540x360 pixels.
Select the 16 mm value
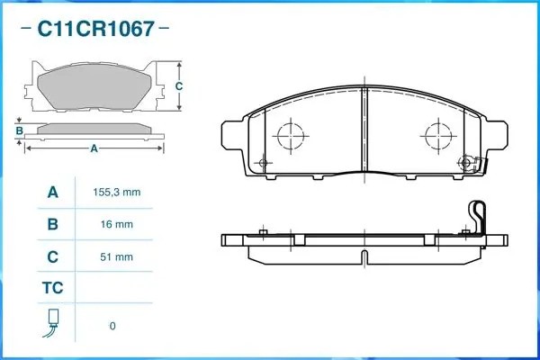(112, 224)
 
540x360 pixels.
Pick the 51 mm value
(112, 256)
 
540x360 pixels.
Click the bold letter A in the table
(52, 193)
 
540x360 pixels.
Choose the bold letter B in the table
(52, 224)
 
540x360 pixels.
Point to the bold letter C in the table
(52, 256)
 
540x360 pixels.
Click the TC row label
(52, 290)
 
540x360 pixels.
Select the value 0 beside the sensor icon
(112, 325)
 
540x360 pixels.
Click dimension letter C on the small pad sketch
(178, 86)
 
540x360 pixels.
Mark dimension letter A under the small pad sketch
(94, 149)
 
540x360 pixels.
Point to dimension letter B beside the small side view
(19, 131)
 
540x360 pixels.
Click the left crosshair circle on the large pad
(292, 137)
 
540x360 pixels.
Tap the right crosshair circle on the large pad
(436, 137)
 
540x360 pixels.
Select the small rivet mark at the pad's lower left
(263, 163)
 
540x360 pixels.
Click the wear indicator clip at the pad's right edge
(468, 163)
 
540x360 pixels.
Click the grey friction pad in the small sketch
(94, 87)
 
